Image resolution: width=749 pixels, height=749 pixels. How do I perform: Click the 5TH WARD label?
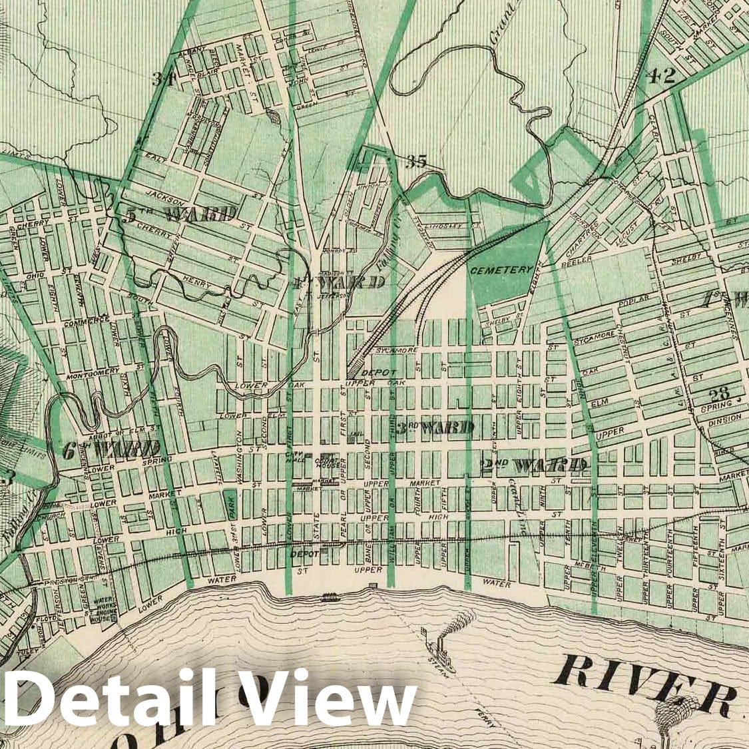point(181,214)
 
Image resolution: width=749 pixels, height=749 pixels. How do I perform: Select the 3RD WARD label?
point(435,427)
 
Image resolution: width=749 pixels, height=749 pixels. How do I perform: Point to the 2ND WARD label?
point(534,465)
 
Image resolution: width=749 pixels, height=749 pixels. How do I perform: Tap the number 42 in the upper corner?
point(660,75)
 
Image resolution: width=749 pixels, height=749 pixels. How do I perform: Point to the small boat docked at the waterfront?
point(329,597)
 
